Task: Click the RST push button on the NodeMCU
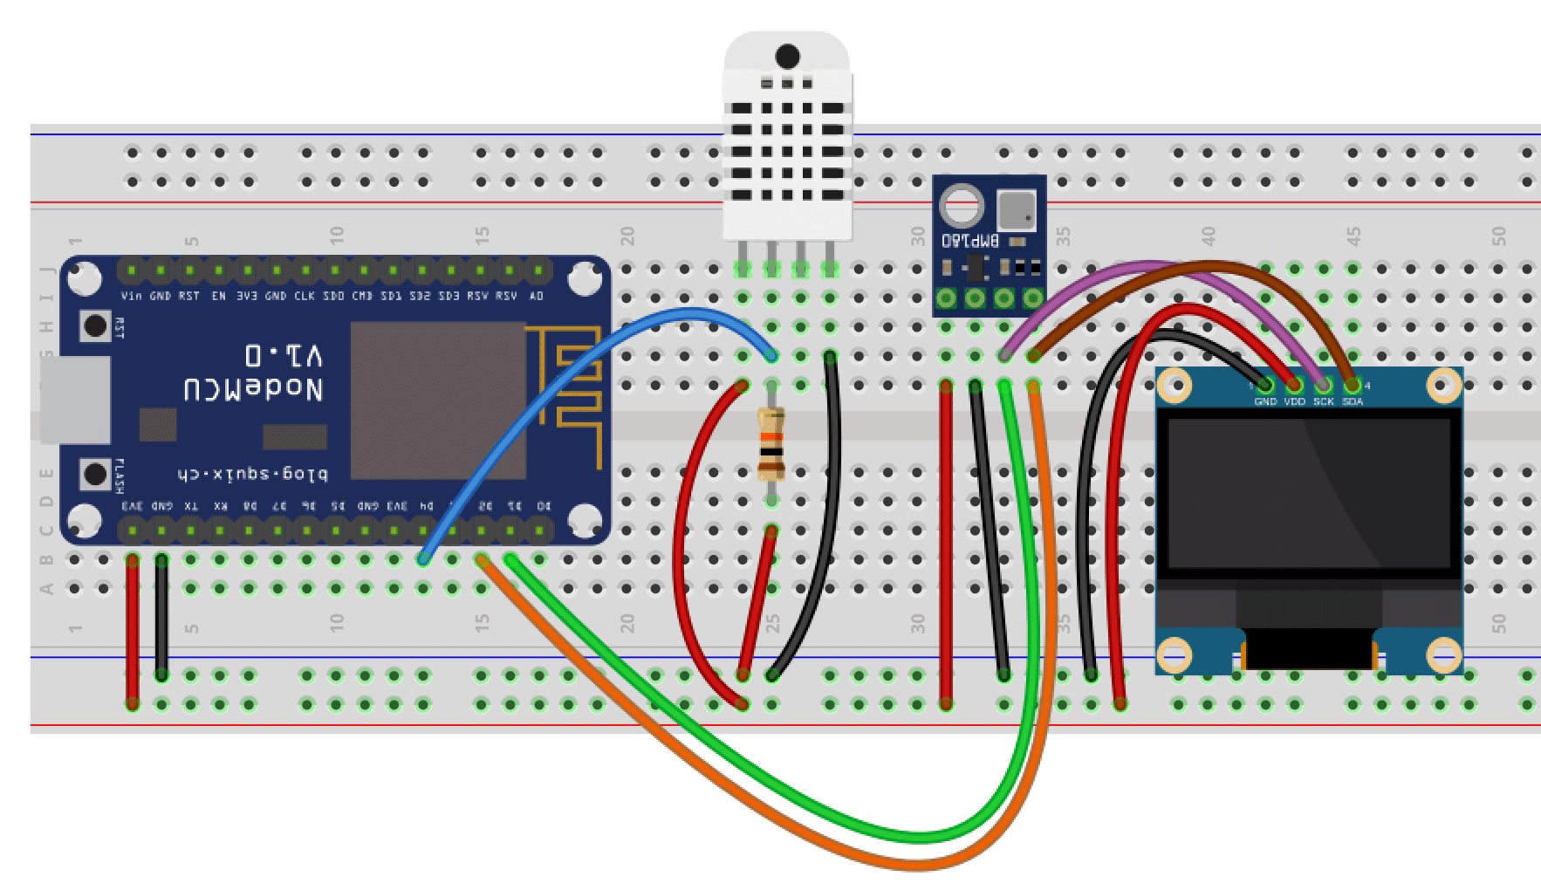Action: click(95, 327)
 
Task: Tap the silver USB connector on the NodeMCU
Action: click(74, 400)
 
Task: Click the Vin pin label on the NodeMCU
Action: click(132, 297)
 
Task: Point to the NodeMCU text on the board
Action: click(253, 388)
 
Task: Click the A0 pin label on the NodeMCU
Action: click(537, 297)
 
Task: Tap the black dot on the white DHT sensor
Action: click(787, 57)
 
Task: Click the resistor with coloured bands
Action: click(771, 445)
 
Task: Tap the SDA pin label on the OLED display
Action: click(1353, 401)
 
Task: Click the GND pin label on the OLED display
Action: click(1265, 401)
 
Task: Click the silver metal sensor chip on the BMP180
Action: click(1016, 209)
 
